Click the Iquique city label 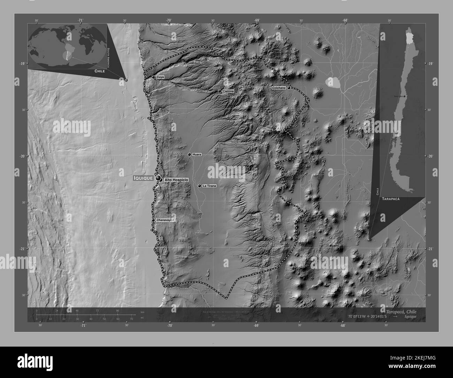point(143,178)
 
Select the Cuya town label point(160,77)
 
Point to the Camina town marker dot point(220,91)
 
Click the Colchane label point(279,88)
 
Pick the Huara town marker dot point(190,154)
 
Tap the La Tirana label point(209,186)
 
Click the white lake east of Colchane point(333,82)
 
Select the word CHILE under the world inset point(100,71)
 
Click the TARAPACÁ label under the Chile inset point(390,198)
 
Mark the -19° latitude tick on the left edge point(22,63)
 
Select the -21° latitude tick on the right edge point(430,249)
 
